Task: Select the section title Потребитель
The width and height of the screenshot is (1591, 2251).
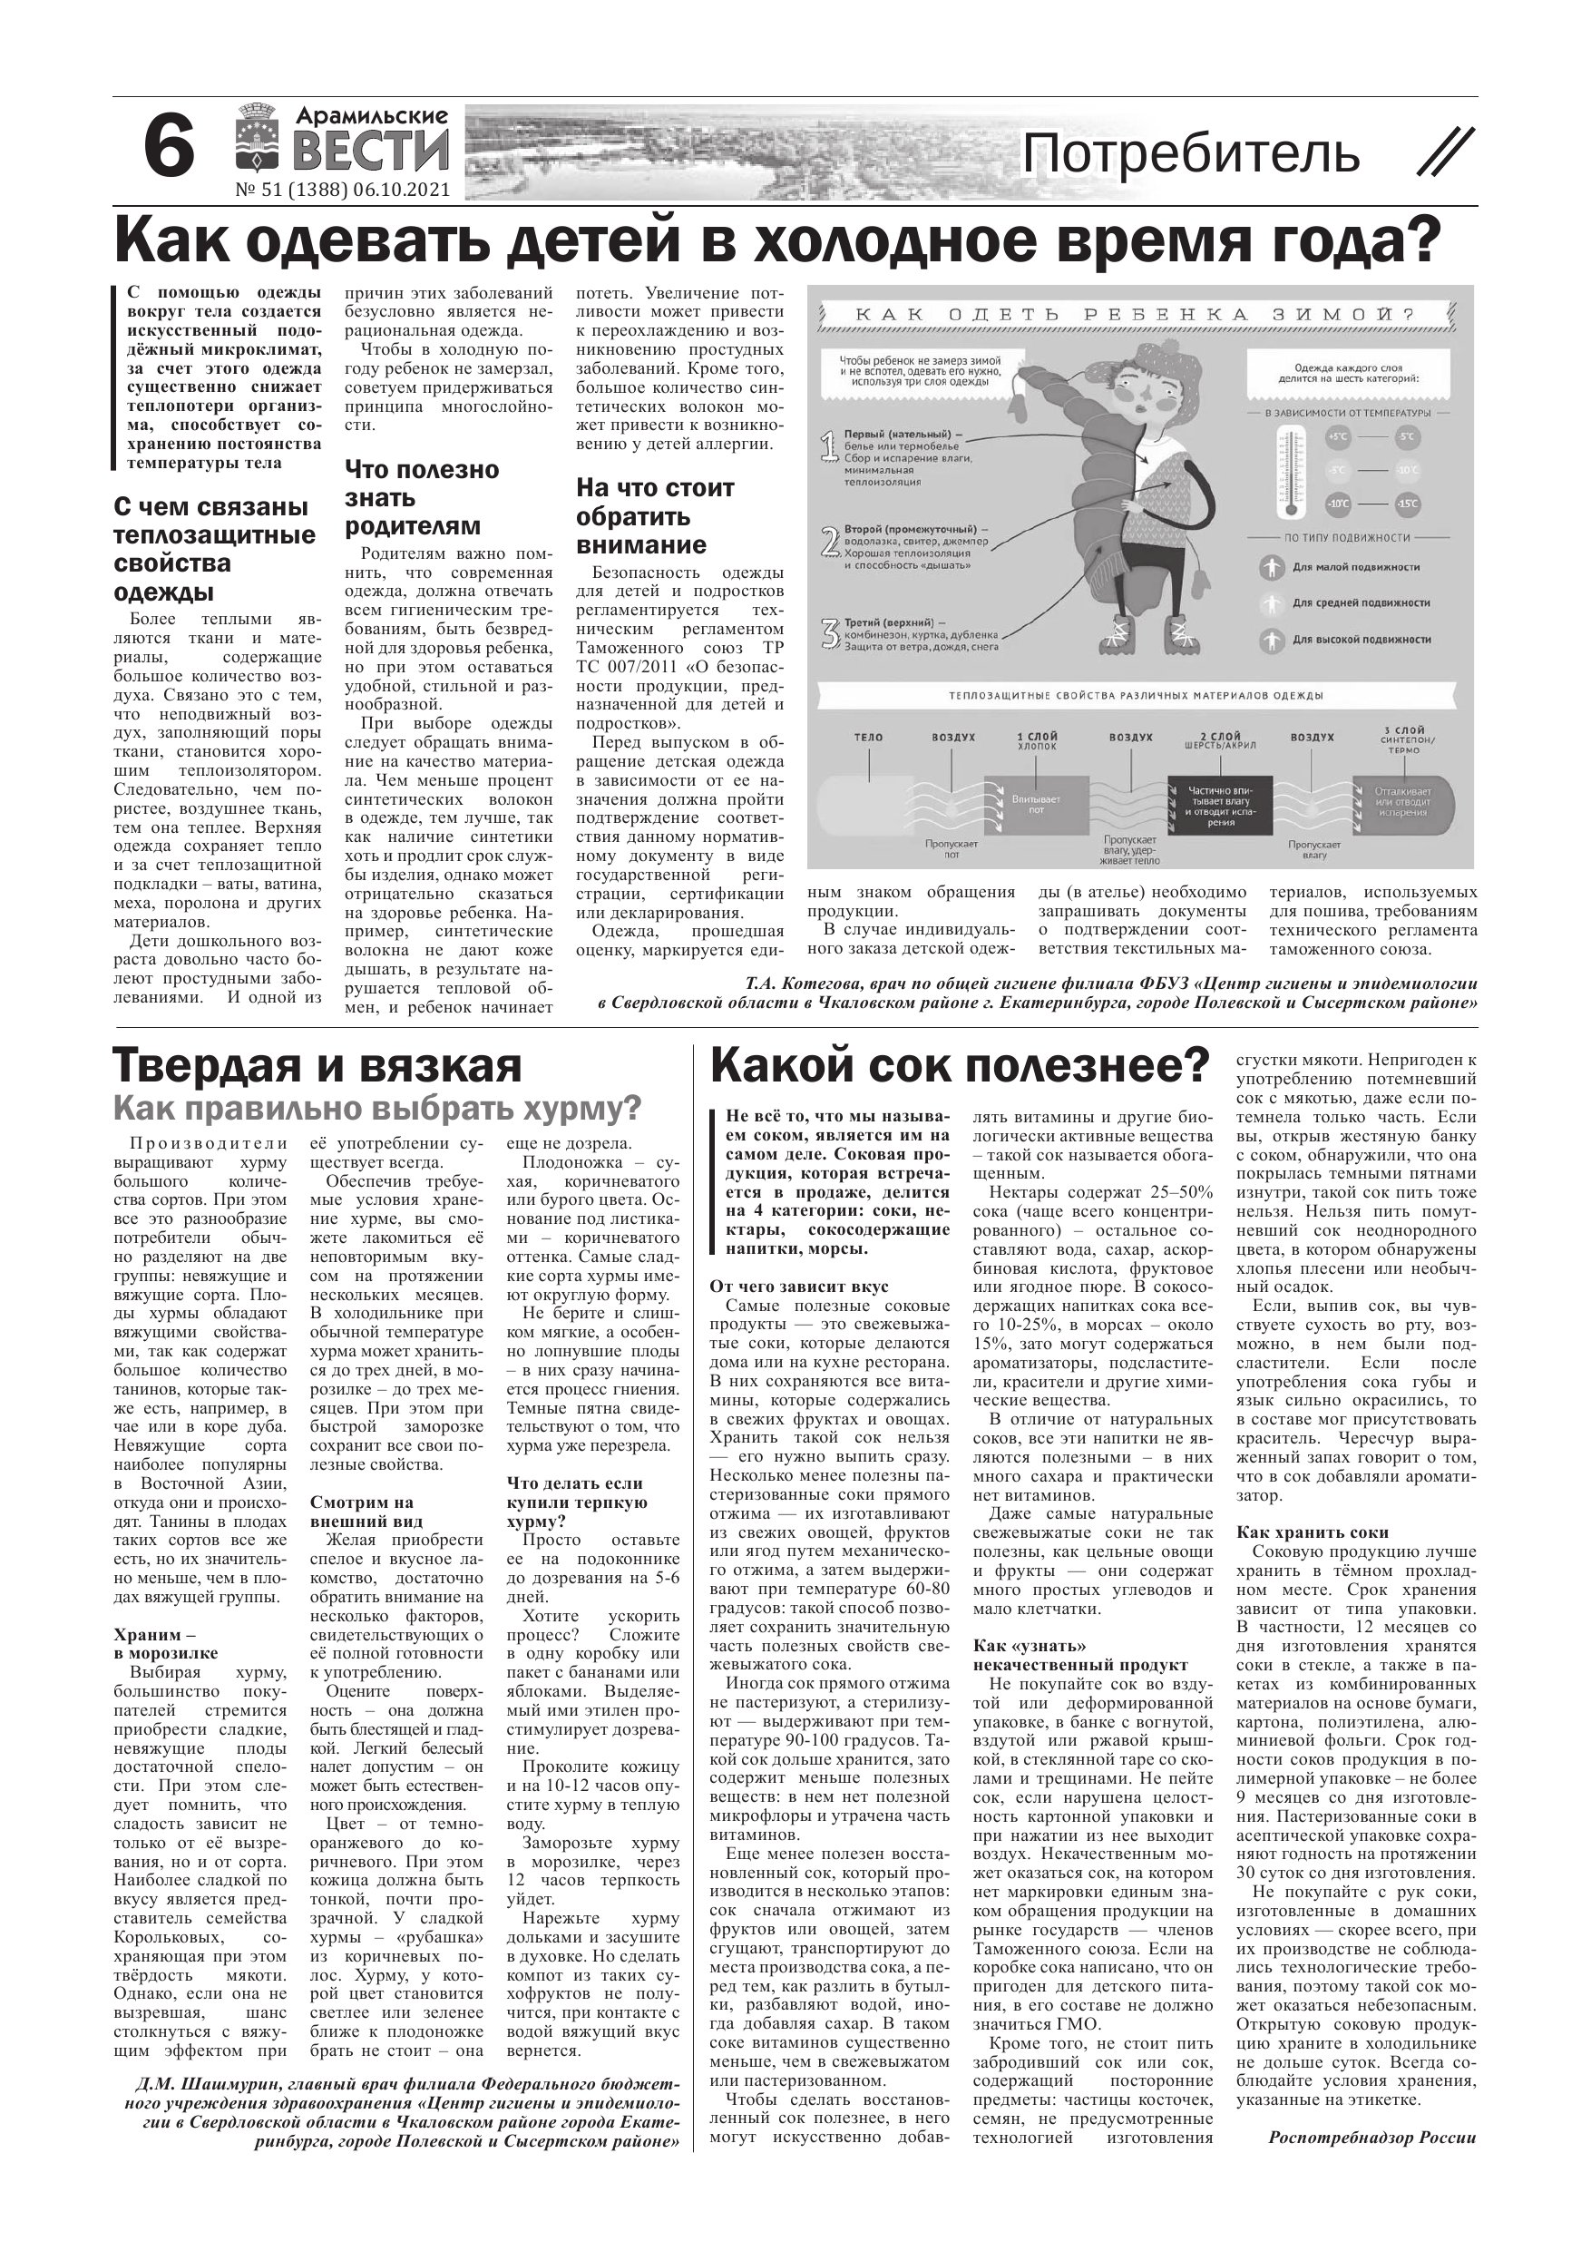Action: point(1191,155)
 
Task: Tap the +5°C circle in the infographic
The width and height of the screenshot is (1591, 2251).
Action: point(1337,437)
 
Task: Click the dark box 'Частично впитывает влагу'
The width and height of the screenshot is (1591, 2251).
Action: point(1214,805)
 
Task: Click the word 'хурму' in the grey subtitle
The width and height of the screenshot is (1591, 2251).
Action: point(585,1109)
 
